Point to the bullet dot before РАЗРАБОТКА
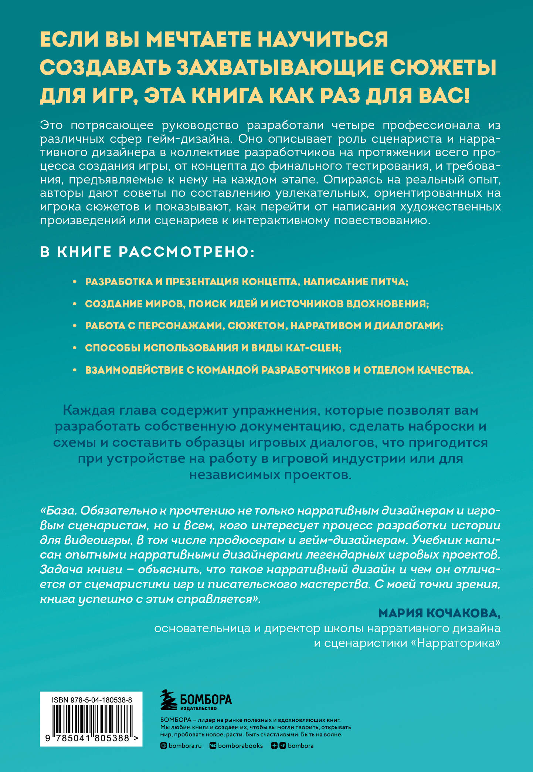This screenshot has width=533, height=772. pyautogui.click(x=74, y=282)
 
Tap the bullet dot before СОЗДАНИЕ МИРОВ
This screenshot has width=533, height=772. pyautogui.click(x=74, y=304)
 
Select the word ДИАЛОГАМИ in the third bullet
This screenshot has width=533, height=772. pyautogui.click(x=408, y=326)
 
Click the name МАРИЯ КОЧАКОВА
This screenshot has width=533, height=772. pyautogui.click(x=439, y=614)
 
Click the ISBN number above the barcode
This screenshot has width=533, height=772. pyautogui.click(x=92, y=700)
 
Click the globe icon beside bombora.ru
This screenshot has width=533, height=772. pyautogui.click(x=163, y=746)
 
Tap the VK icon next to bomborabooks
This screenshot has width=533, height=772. pyautogui.click(x=213, y=746)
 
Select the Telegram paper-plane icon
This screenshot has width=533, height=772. pyautogui.click(x=283, y=746)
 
